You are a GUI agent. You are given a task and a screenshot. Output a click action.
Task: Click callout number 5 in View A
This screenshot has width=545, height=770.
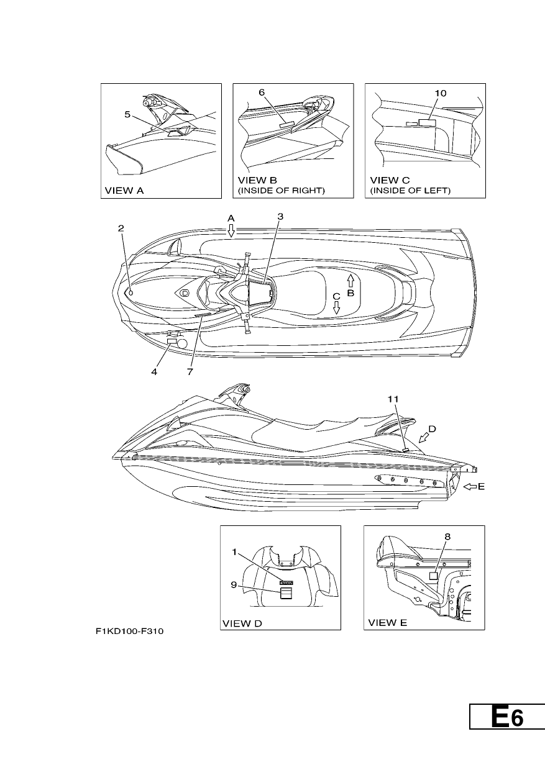(x=127, y=114)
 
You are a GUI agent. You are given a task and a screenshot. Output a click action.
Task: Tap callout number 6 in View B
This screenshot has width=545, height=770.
(x=262, y=93)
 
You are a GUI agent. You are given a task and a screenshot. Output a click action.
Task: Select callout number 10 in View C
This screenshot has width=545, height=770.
(x=441, y=93)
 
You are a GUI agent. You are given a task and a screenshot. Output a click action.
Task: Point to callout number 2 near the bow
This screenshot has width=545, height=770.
(x=121, y=229)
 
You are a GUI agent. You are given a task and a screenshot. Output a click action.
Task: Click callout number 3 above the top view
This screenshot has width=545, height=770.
(x=280, y=217)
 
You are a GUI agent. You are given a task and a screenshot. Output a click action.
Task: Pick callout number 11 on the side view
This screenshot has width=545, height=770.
(x=393, y=399)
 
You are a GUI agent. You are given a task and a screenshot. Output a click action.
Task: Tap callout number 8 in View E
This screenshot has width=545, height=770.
(x=447, y=537)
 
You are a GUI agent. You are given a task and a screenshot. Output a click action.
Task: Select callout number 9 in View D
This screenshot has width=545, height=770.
(x=234, y=584)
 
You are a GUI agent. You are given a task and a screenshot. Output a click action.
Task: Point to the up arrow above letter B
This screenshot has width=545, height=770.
(x=350, y=281)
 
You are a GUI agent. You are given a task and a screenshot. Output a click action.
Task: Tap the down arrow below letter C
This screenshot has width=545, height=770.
(x=336, y=307)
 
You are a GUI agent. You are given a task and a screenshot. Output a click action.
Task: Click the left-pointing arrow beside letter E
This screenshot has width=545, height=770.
(x=470, y=486)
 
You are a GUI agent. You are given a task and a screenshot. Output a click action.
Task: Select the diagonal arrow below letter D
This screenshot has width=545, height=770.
(x=424, y=438)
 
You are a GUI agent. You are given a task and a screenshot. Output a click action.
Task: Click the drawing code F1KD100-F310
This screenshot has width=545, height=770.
(x=130, y=632)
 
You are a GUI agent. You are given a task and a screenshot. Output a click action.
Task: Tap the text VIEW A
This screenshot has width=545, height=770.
(x=124, y=191)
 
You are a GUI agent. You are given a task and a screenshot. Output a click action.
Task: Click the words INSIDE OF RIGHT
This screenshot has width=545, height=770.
(x=282, y=191)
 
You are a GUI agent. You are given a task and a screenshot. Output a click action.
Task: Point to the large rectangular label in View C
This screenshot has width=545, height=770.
(x=428, y=123)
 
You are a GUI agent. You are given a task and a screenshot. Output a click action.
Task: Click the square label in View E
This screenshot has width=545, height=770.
(x=433, y=576)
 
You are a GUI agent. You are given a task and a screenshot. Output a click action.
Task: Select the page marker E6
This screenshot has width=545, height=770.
(x=507, y=717)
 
